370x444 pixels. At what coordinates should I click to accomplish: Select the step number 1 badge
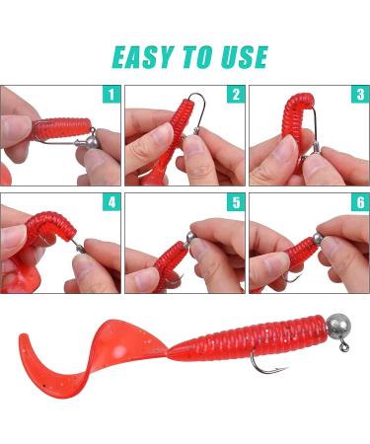coord(111,96)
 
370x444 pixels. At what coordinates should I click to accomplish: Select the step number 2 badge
coord(235,96)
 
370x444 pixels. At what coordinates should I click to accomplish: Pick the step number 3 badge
coord(359,96)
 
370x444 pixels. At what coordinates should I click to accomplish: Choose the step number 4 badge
coord(111,203)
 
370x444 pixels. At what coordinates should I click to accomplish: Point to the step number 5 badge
coord(235,203)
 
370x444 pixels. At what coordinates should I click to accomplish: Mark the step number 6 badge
coord(359,203)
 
